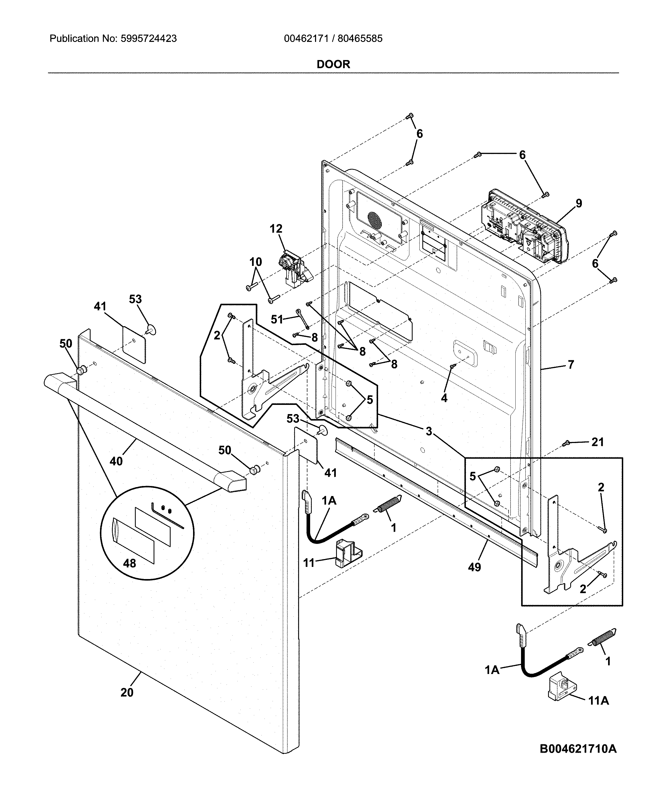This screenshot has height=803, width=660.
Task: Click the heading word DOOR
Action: coord(333,64)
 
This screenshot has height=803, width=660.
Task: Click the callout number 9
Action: coord(578,203)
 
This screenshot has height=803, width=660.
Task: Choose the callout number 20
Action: coord(127,692)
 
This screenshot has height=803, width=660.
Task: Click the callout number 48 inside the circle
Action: coord(129,563)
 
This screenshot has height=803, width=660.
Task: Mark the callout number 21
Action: coord(597,442)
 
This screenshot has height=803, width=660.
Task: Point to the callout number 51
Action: coord(277,319)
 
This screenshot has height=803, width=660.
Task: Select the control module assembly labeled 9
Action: coord(526,226)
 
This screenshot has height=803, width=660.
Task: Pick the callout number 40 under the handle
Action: coord(116,461)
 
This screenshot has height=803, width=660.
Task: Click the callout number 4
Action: coord(444,398)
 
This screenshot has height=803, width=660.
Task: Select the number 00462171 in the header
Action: coord(306,38)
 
